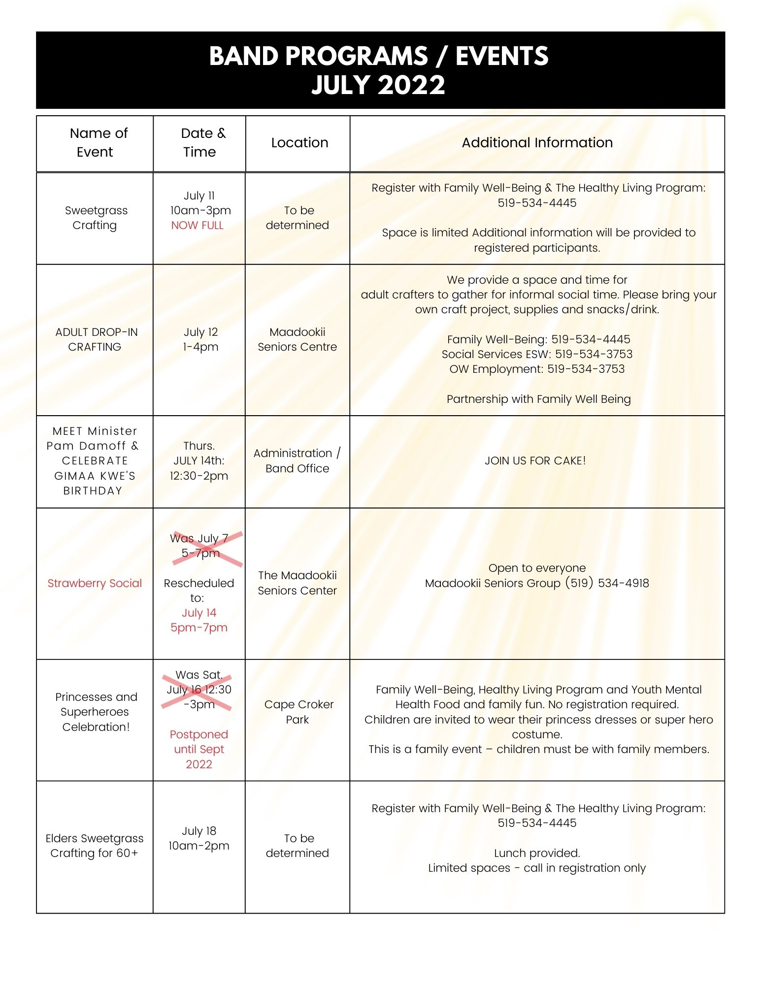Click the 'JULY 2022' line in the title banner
pyautogui.click(x=378, y=85)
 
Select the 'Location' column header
pyautogui.click(x=299, y=143)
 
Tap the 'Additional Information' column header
pyautogui.click(x=537, y=143)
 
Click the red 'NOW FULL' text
pyautogui.click(x=197, y=226)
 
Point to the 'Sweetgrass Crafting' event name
pyautogui.click(x=96, y=218)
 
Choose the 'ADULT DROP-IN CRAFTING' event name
pyautogui.click(x=96, y=339)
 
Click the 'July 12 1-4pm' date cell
pyautogui.click(x=200, y=339)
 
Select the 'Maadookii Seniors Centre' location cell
pyautogui.click(x=297, y=339)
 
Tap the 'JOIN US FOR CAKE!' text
pyautogui.click(x=535, y=461)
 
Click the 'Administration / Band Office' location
pyautogui.click(x=297, y=460)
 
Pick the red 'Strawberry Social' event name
pyautogui.click(x=95, y=584)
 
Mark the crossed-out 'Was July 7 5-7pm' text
pyautogui.click(x=199, y=546)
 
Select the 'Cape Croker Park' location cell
pyautogui.click(x=298, y=712)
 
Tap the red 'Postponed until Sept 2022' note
pyautogui.click(x=199, y=749)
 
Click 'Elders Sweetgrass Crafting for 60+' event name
pyautogui.click(x=95, y=846)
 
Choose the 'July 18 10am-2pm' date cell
pyautogui.click(x=199, y=838)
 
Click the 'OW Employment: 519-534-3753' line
pyautogui.click(x=537, y=369)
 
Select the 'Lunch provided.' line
pyautogui.click(x=537, y=853)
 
